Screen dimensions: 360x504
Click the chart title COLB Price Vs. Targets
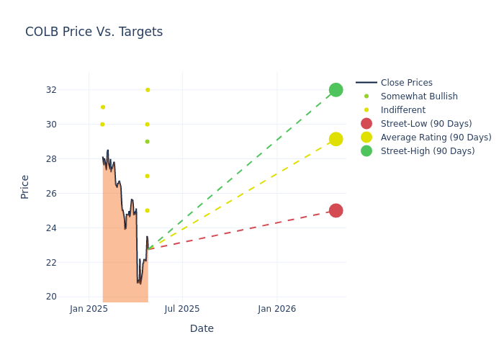pyautogui.click(x=94, y=32)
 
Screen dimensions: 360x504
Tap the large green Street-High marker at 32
pyautogui.click(x=336, y=90)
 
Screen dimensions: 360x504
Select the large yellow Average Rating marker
pyautogui.click(x=336, y=139)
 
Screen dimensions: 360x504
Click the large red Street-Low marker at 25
pyautogui.click(x=336, y=210)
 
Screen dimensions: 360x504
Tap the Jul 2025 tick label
pyautogui.click(x=182, y=310)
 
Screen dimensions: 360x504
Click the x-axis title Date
pyautogui.click(x=202, y=328)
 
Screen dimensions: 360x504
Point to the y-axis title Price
pyautogui.click(x=25, y=186)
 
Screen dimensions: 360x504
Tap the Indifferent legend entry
pyautogui.click(x=402, y=110)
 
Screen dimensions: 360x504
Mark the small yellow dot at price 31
pyautogui.click(x=103, y=107)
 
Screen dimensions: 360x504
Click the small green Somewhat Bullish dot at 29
pyautogui.click(x=147, y=142)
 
